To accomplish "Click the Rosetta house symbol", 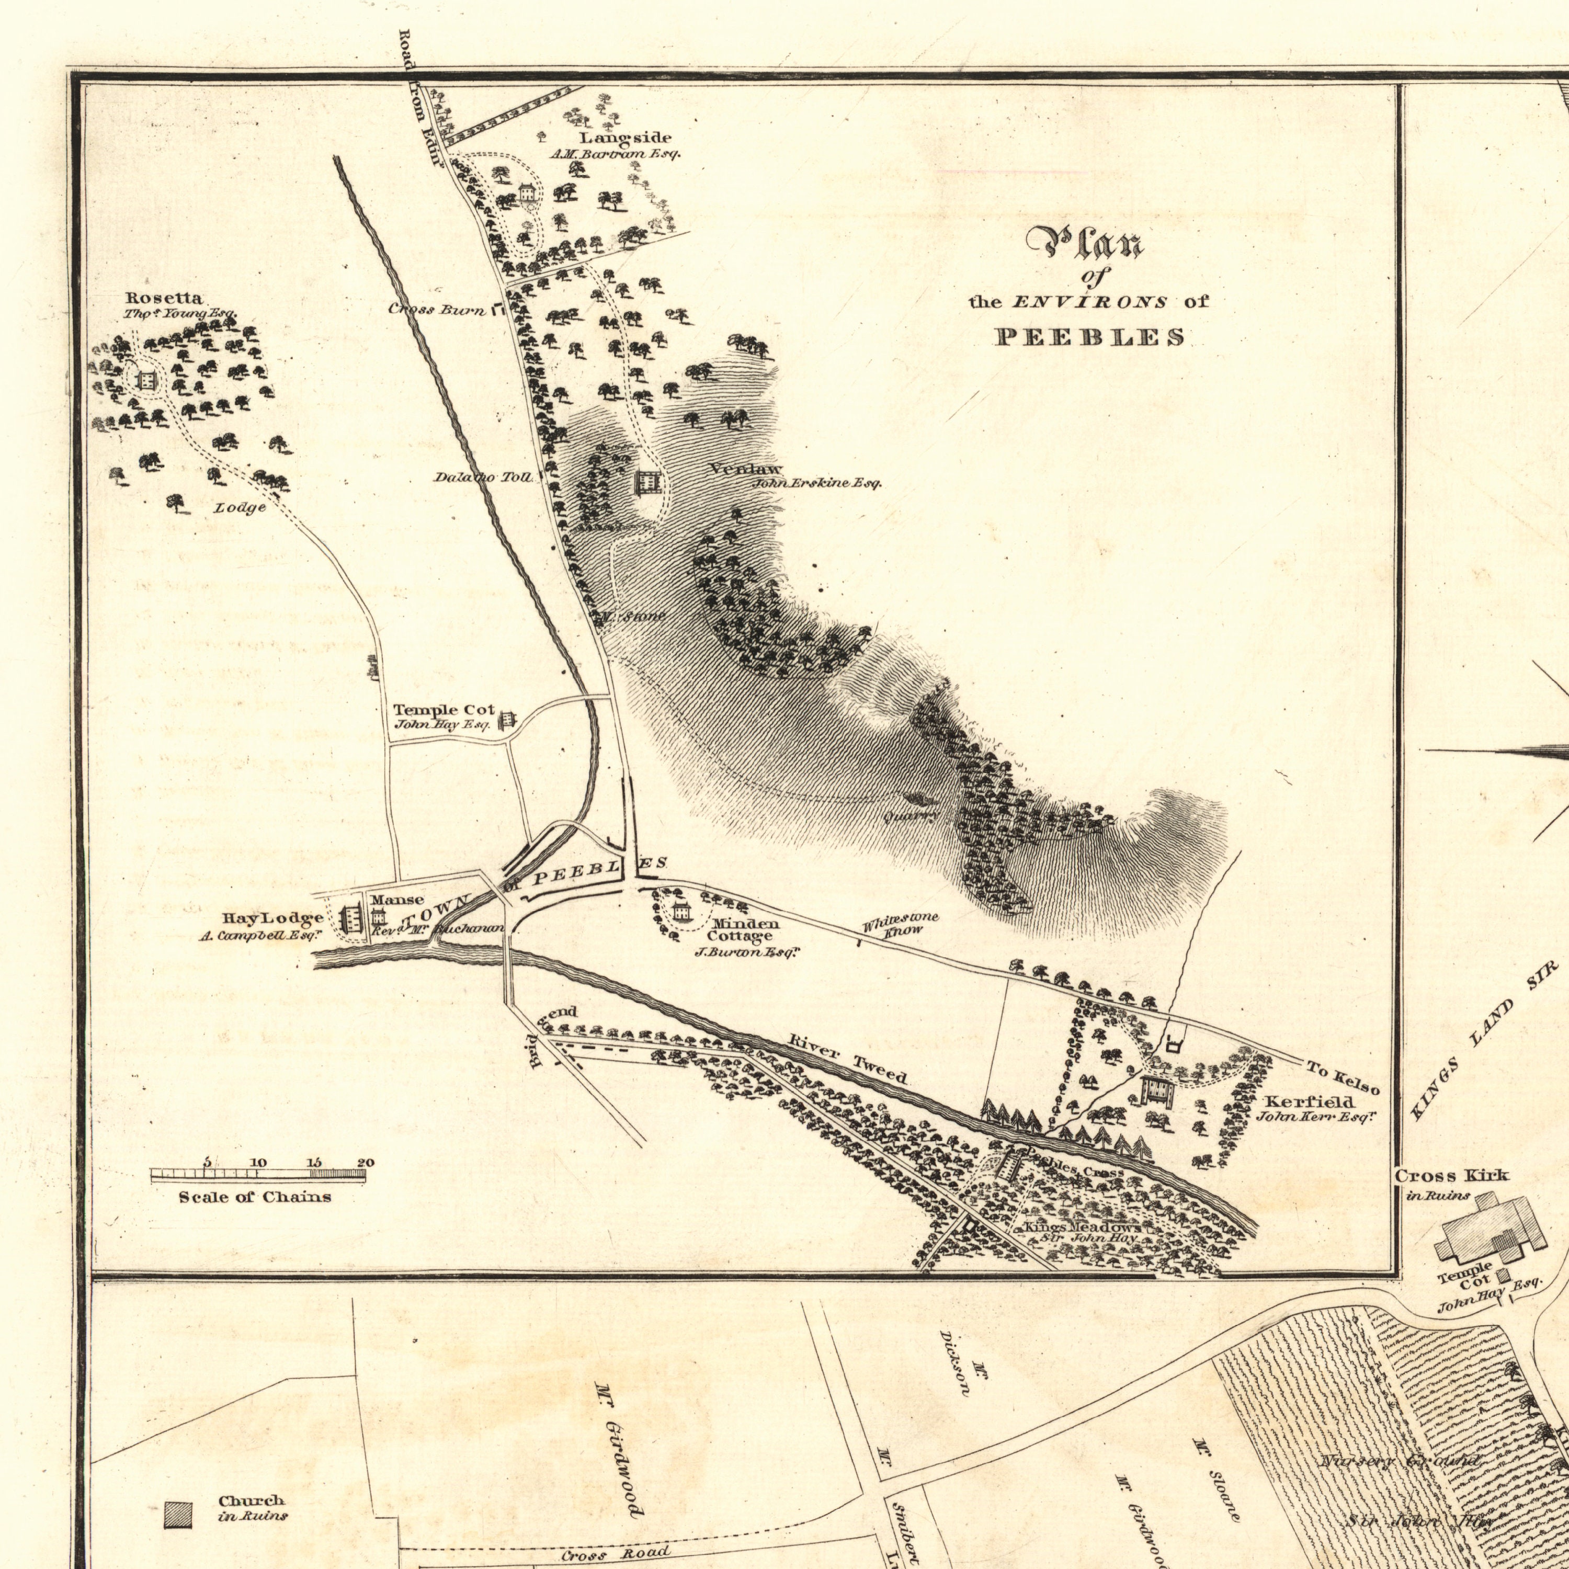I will pos(146,379).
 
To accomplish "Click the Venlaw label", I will pos(745,469).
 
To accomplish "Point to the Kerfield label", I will pos(1309,1101).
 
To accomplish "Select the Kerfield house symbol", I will pos(1157,1090).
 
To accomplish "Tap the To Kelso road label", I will pos(1343,1077).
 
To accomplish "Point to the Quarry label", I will pos(912,814).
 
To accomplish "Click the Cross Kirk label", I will pos(1451,1175).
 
